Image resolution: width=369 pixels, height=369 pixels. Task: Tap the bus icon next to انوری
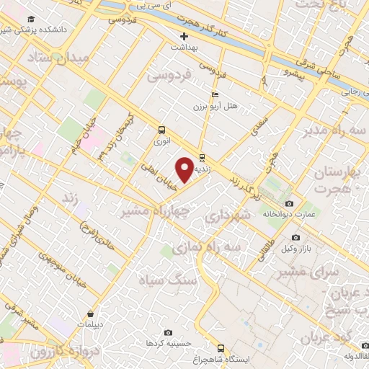[161, 130]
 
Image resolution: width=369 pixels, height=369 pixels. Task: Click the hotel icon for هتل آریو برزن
[214, 94]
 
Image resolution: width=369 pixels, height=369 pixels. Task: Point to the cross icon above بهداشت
[184, 36]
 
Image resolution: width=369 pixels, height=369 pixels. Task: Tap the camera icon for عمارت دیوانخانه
[290, 203]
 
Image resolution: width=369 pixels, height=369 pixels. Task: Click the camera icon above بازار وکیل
[295, 238]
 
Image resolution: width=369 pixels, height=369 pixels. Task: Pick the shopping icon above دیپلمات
[90, 314]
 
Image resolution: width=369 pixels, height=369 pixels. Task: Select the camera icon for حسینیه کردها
[168, 332]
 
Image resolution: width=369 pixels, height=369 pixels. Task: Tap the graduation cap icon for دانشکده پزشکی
[30, 19]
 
